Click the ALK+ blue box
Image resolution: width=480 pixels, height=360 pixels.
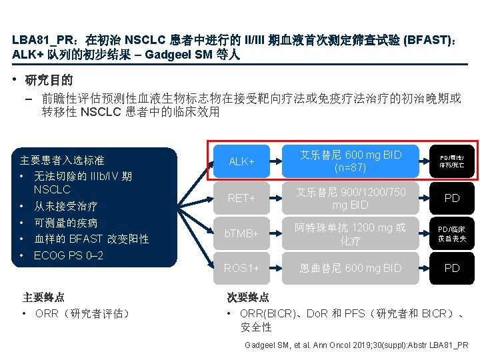coord(241,161)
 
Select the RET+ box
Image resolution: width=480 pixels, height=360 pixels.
coord(241,197)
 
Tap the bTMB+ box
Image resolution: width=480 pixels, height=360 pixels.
coord(241,233)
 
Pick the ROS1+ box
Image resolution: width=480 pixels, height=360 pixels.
coord(241,268)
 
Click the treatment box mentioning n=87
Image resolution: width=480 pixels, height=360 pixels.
coord(350,161)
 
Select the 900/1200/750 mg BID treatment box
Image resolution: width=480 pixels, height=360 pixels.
coord(350,197)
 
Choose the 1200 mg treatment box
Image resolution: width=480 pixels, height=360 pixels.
coord(350,233)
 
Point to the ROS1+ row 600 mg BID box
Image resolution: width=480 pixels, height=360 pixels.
coord(350,268)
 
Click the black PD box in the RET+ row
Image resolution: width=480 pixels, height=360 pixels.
coord(451,198)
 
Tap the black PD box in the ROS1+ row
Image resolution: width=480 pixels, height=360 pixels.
coord(451,268)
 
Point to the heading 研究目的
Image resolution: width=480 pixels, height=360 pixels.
coord(49,81)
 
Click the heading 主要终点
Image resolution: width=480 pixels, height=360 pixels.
coord(43,297)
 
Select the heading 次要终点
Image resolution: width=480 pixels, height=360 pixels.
coord(247,297)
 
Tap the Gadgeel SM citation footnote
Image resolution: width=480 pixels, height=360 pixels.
coord(357,345)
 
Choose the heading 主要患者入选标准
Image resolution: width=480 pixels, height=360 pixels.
coord(62,160)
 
